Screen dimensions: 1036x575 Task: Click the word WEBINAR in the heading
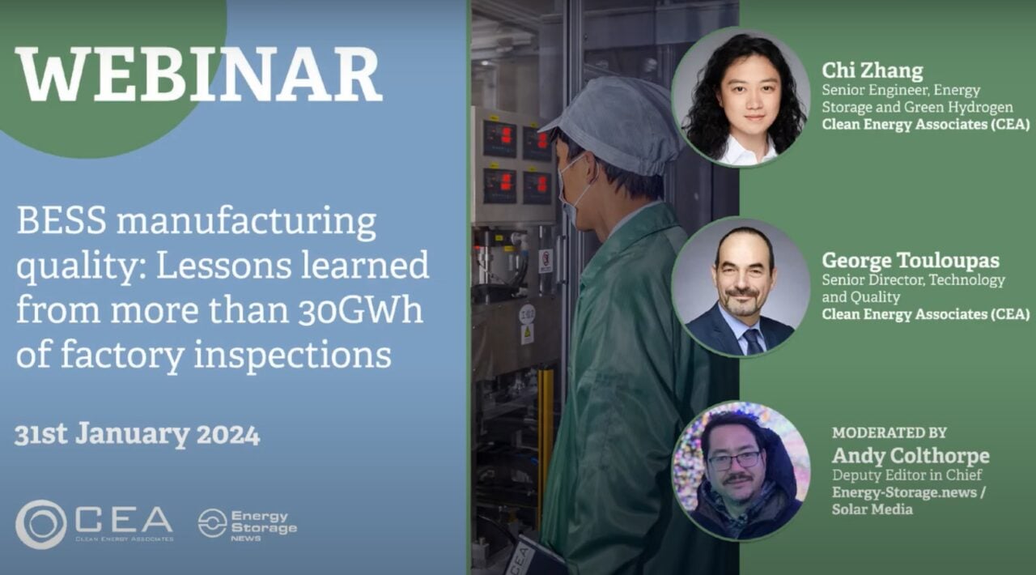click(x=199, y=74)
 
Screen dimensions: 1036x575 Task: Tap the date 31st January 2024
click(x=137, y=434)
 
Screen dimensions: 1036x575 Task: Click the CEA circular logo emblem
click(x=41, y=524)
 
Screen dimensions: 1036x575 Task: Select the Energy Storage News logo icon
click(x=212, y=523)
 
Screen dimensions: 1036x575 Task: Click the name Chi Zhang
click(x=873, y=70)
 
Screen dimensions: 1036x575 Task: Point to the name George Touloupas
click(x=911, y=260)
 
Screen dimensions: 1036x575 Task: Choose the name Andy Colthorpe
click(x=911, y=456)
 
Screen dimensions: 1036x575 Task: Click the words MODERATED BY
click(x=889, y=432)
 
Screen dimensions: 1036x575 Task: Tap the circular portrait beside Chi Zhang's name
click(x=741, y=96)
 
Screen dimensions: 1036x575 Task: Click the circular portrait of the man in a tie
click(x=741, y=287)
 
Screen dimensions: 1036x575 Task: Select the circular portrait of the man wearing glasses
click(x=741, y=471)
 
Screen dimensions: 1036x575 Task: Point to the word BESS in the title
click(x=62, y=221)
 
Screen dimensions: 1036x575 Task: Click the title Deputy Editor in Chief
click(x=906, y=475)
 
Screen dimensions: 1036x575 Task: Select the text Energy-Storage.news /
click(x=908, y=492)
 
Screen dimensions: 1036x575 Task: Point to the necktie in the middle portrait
click(x=753, y=342)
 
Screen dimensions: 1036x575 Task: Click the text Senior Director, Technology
click(x=914, y=280)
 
